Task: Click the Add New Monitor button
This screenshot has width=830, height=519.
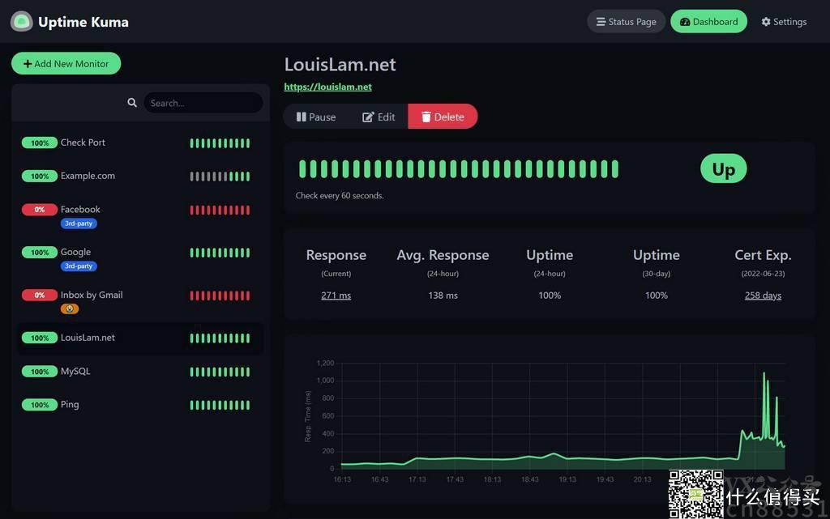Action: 66,63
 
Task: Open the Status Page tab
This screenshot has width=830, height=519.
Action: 626,22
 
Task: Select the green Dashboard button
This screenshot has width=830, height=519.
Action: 709,22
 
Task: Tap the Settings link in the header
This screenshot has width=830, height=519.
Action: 784,22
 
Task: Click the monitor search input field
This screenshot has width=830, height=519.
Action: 203,103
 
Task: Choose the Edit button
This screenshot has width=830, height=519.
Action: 379,117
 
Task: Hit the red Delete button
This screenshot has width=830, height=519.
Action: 443,117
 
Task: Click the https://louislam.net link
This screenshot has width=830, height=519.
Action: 327,87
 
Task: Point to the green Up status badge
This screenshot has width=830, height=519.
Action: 723,168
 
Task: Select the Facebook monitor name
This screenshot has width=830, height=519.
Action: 80,209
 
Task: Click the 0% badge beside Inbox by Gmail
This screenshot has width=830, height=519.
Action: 39,295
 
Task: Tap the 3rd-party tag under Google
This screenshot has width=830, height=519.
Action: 79,266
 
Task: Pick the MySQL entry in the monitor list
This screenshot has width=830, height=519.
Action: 75,371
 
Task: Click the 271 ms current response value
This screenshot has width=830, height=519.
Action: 336,296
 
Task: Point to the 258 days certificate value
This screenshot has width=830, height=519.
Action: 763,296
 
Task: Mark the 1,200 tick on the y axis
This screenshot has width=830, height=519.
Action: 325,363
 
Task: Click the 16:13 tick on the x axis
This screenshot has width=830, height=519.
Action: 343,479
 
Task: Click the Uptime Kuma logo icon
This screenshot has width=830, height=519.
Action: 22,22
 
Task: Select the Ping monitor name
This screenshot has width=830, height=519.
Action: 70,404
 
